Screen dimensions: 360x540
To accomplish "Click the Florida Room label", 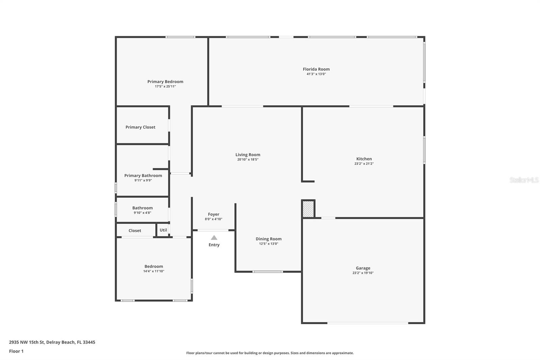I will pyautogui.click(x=316, y=69).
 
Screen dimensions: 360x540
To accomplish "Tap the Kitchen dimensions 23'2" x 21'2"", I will pyautogui.click(x=364, y=164).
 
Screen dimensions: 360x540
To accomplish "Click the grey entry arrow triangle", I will pyautogui.click(x=214, y=238).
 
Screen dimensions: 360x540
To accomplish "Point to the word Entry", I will pyautogui.click(x=214, y=245).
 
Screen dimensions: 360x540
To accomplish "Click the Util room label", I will pyautogui.click(x=163, y=230).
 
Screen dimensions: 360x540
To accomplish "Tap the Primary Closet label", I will pyautogui.click(x=140, y=127).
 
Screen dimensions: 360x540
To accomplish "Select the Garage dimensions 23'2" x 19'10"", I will pyautogui.click(x=363, y=273).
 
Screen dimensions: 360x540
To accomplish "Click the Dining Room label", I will pyautogui.click(x=268, y=239).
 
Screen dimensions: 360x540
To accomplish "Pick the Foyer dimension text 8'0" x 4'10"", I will pyautogui.click(x=213, y=219).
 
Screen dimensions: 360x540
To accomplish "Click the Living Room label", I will pyautogui.click(x=248, y=155).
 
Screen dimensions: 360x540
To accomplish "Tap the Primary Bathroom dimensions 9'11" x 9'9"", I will pyautogui.click(x=143, y=180).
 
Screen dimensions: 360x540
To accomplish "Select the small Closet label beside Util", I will pyautogui.click(x=135, y=231).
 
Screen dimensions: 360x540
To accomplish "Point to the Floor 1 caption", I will pyautogui.click(x=16, y=351).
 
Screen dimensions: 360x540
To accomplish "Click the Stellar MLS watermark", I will pyautogui.click(x=524, y=180).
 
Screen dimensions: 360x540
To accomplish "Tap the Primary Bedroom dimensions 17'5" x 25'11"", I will pyautogui.click(x=165, y=86).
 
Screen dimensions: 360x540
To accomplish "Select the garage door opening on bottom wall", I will pyautogui.click(x=368, y=323).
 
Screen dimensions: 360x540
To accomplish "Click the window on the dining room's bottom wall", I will pyautogui.click(x=268, y=272).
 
